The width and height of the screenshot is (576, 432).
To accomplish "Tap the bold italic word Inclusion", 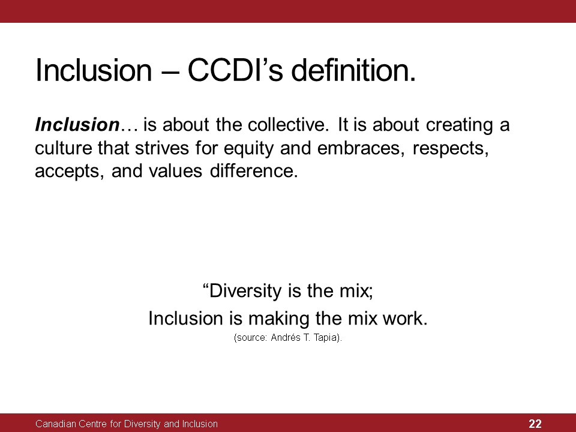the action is pos(77,125).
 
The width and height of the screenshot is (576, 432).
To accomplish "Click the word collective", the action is pos(287,125).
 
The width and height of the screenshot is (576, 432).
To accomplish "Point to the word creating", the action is pos(459,125).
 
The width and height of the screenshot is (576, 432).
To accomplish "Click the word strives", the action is pos(161,148).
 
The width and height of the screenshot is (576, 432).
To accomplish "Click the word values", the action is pos(175,171).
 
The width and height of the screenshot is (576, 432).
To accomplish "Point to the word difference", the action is pos(253,171).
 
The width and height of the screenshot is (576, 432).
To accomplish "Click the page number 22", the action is pos(535,424).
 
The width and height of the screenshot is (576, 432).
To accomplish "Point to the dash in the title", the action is pos(169,71).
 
